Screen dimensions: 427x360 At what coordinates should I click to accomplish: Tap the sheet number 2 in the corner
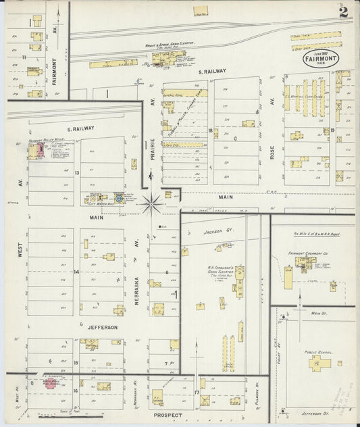point(344,11)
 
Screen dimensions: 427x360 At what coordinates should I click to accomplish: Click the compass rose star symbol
point(152,200)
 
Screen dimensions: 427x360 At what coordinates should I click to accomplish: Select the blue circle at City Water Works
point(119,198)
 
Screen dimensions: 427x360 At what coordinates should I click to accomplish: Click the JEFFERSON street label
point(101,327)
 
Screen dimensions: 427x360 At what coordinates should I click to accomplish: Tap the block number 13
point(77,173)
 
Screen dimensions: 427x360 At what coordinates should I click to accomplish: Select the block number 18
point(211,130)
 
